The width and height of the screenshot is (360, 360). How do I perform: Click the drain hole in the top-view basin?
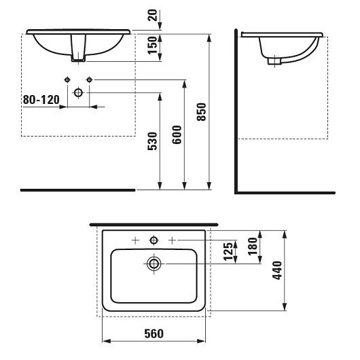pos(154,263)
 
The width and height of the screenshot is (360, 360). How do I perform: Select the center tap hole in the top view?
pos(154,239)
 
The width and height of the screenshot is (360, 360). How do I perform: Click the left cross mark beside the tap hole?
pos(135,239)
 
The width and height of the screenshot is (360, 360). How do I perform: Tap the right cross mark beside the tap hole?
pos(173,239)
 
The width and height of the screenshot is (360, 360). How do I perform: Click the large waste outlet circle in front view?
pos(78,91)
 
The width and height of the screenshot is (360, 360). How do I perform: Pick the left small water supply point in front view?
pos(67,80)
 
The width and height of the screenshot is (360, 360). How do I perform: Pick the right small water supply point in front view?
pos(89,80)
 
